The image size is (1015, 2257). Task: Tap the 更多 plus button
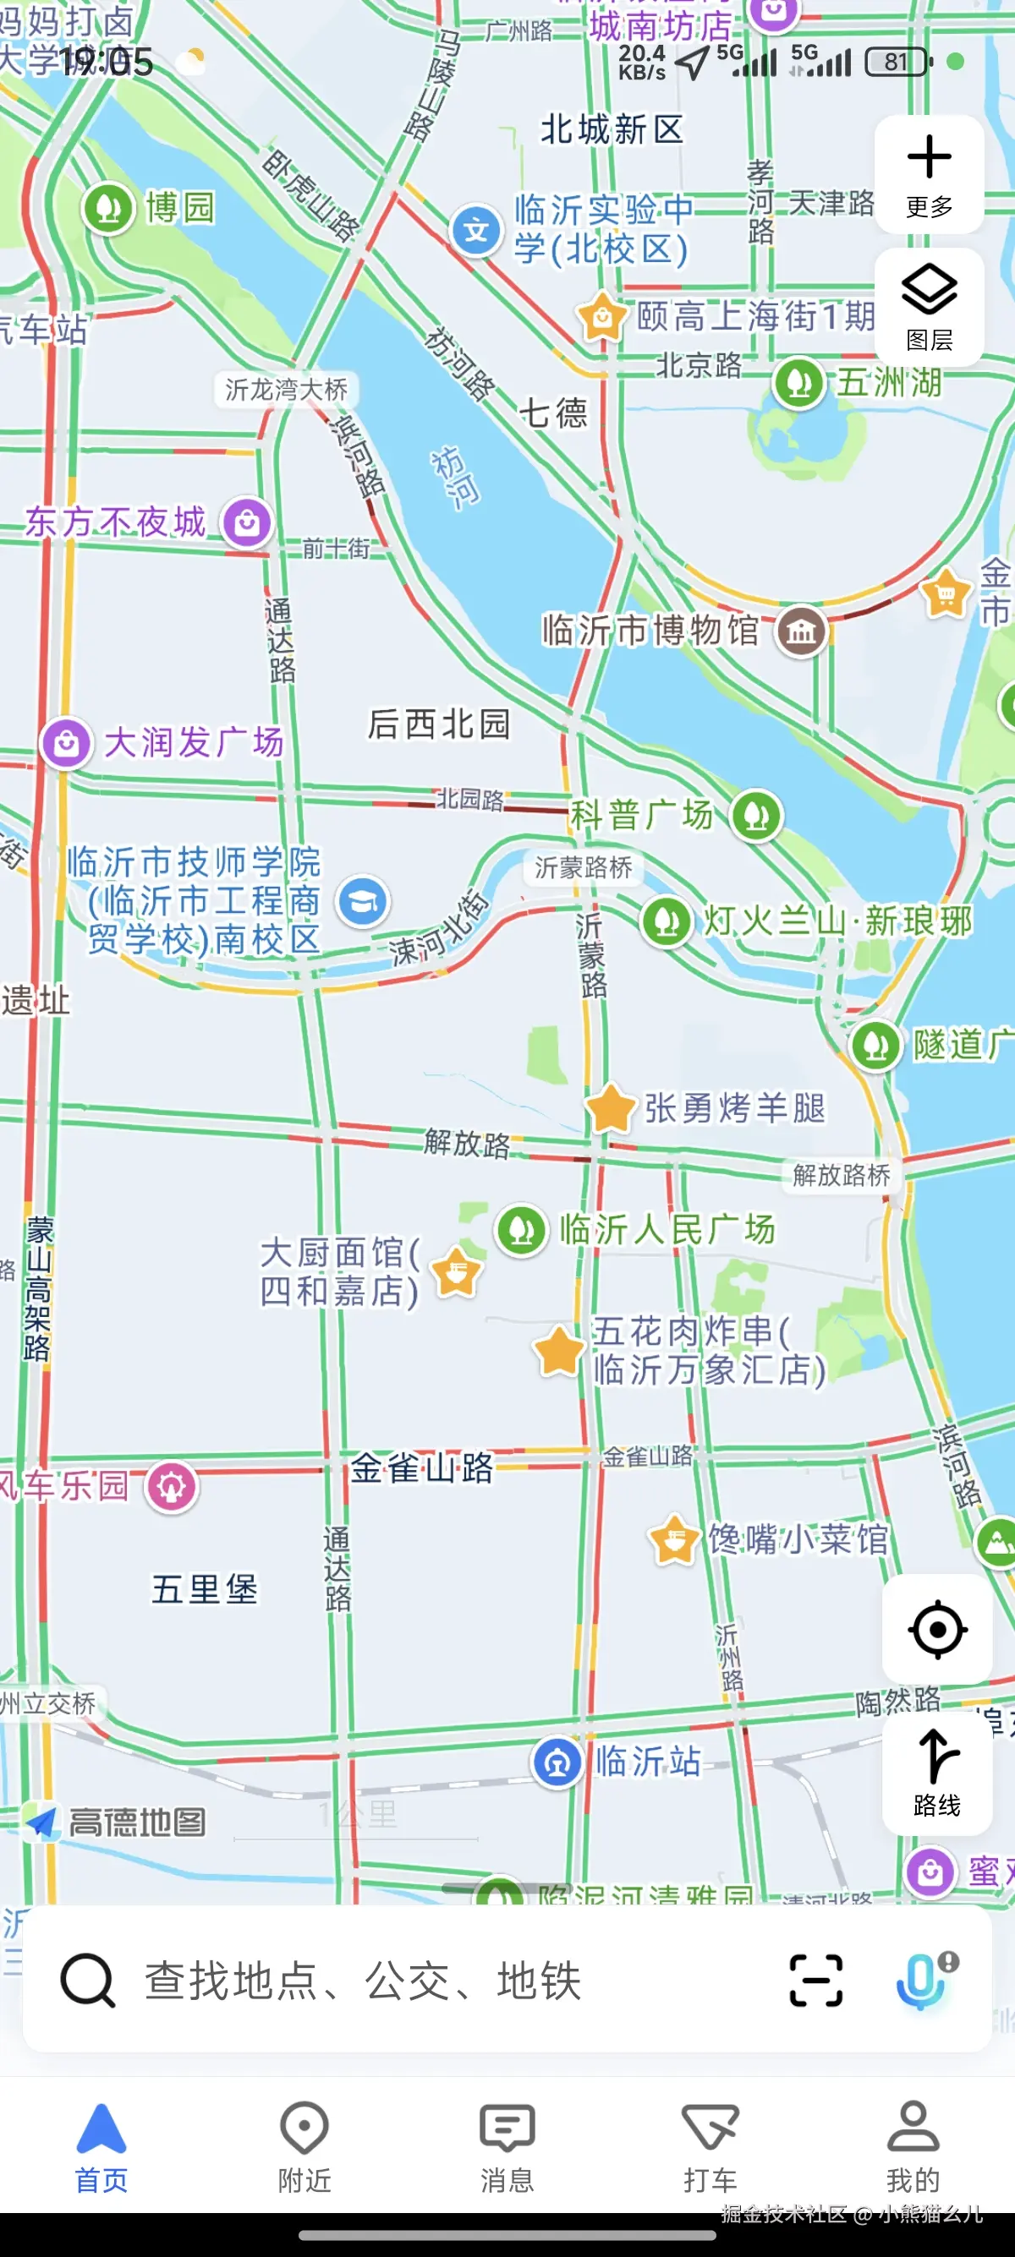pos(928,173)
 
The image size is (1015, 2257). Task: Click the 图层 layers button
pos(928,306)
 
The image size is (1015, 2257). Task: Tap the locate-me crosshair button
pos(936,1629)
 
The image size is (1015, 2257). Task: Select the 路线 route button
pos(936,1773)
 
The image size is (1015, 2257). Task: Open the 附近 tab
pos(304,2145)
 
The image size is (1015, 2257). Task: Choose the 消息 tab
pos(507,2145)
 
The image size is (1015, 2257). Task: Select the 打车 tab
pos(709,2145)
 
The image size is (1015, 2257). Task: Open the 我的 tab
pos(913,2145)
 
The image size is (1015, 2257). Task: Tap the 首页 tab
pos(101,2145)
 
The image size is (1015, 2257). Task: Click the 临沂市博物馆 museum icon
pos(801,630)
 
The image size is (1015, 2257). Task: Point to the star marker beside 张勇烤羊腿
pos(610,1107)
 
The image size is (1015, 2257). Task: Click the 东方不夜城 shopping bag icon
pos(246,523)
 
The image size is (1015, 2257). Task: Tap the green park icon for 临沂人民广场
pos(522,1229)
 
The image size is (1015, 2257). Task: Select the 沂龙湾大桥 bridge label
pos(286,389)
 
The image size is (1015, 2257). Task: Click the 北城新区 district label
pos(611,129)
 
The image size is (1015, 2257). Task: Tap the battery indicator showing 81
pos(897,62)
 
